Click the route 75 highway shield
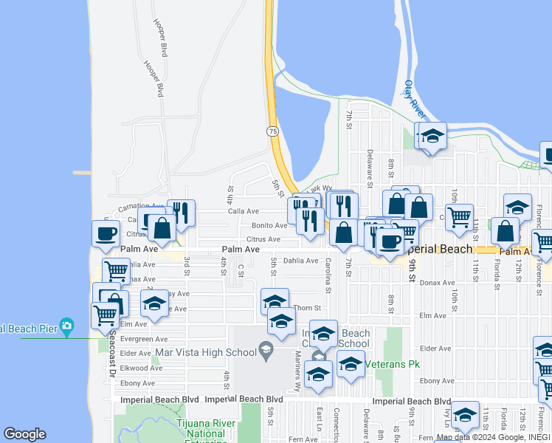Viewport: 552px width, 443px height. pyautogui.click(x=272, y=131)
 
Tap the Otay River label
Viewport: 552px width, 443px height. pyautogui.click(x=414, y=99)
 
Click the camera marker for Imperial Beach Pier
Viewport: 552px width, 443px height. pyautogui.click(x=67, y=326)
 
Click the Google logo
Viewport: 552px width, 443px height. pyautogui.click(x=24, y=434)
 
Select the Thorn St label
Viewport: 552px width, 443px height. pyautogui.click(x=307, y=308)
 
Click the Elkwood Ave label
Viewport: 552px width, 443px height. pyautogui.click(x=136, y=368)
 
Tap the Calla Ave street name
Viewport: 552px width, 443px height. pyautogui.click(x=244, y=211)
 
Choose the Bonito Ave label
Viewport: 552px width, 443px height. pyautogui.click(x=269, y=225)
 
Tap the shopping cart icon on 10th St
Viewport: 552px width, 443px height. pyautogui.click(x=459, y=216)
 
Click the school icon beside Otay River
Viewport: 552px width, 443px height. pyautogui.click(x=433, y=135)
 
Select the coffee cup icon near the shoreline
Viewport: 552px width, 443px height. pyautogui.click(x=106, y=233)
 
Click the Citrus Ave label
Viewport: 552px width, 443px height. pyautogui.click(x=263, y=239)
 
